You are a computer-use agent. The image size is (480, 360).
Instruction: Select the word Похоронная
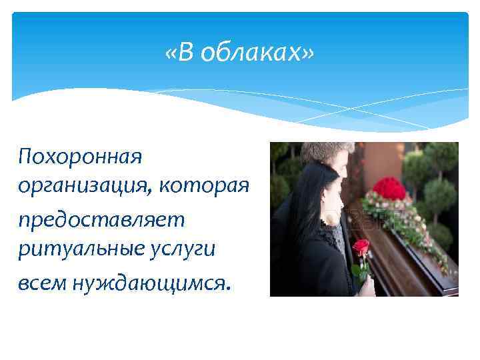(x=81, y=158)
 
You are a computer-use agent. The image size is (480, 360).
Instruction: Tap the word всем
(x=41, y=283)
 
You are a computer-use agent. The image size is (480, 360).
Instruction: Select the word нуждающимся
(x=141, y=283)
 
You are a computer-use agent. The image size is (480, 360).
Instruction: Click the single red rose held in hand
(x=361, y=249)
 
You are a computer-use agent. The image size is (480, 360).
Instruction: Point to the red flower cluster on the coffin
(x=389, y=189)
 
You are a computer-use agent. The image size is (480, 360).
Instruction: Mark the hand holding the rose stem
(x=366, y=283)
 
